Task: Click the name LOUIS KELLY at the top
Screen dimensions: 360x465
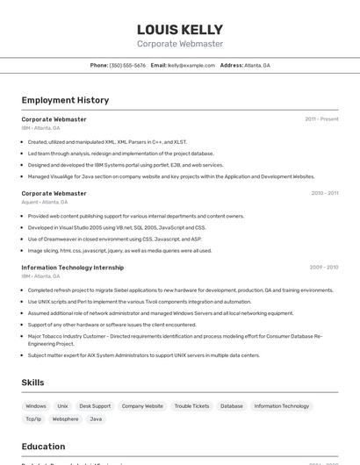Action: pos(179,30)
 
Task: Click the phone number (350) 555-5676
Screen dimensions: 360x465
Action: pos(127,66)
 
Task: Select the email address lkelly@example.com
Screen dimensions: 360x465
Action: pos(191,66)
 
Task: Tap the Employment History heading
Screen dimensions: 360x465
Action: pos(65,100)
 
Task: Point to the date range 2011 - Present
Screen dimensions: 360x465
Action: pos(321,119)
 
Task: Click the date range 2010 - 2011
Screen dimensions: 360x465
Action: pos(324,193)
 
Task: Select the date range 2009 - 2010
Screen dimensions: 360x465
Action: pos(324,267)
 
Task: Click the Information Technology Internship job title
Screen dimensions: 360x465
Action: pos(73,268)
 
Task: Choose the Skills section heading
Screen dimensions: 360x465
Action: pos(33,383)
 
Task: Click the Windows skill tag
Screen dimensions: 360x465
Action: pos(36,406)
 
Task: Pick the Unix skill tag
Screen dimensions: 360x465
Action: pos(62,406)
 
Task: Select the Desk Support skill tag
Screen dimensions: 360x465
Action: pos(95,406)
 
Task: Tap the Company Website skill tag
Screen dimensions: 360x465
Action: pos(142,406)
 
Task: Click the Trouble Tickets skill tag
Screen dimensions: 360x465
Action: pos(191,406)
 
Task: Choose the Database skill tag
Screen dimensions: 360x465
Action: pos(232,406)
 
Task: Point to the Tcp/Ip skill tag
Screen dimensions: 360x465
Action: pos(33,419)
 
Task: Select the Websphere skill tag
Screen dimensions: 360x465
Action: pos(65,419)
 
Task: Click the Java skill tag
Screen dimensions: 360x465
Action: pos(96,419)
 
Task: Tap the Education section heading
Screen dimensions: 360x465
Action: pos(44,446)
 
